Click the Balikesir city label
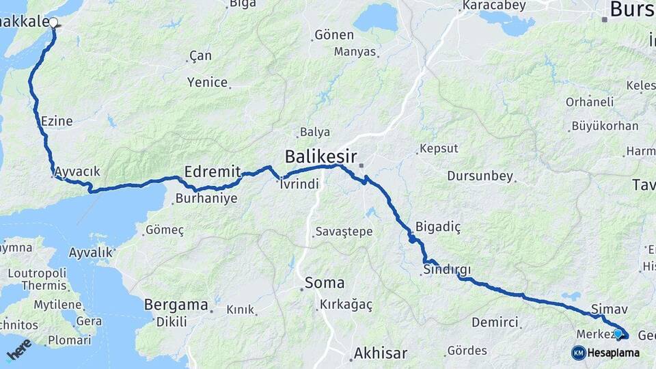pos(322,155)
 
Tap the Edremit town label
pos(213,172)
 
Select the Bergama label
pos(176,305)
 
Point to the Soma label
pos(324,282)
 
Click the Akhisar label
pos(380,353)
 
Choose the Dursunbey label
pos(480,176)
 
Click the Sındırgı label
pos(447,270)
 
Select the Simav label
pos(604,309)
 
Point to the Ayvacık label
pos(77,171)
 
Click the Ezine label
pos(57,121)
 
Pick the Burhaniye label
pos(206,199)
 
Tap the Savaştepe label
pos(344,232)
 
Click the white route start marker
pos(53,22)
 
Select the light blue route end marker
pos(618,333)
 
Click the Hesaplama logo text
pos(613,353)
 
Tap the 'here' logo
pos(18,349)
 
